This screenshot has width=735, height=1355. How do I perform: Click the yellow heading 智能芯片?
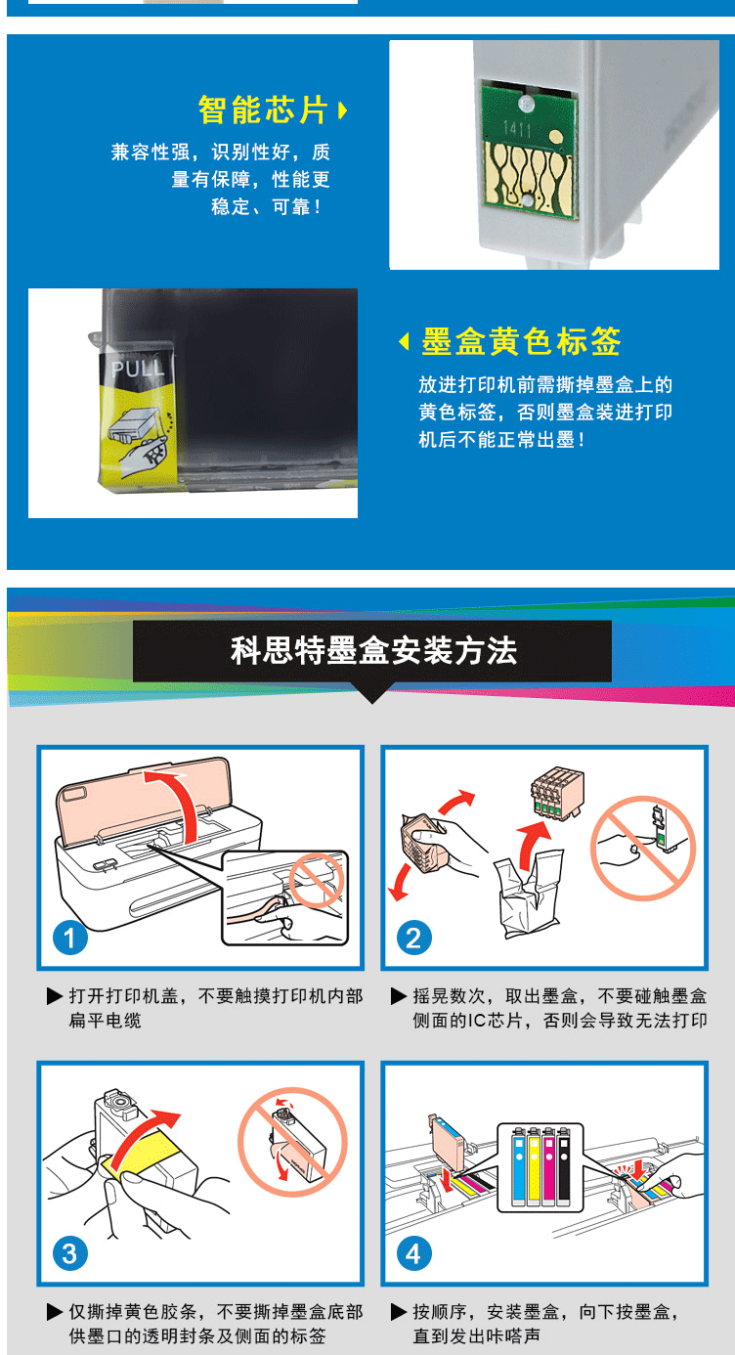tap(263, 110)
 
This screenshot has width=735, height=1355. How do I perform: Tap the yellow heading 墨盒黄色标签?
tap(521, 341)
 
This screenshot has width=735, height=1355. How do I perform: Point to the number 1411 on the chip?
tap(517, 129)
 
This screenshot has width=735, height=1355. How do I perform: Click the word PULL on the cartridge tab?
tap(138, 368)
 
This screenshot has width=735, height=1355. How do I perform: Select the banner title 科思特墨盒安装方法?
tap(373, 651)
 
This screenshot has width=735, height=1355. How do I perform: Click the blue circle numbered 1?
tap(70, 939)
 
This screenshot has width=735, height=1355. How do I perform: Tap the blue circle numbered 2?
tap(413, 939)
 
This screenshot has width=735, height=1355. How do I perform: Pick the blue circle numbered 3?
tap(70, 1254)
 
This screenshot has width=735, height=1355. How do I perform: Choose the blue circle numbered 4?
tap(413, 1254)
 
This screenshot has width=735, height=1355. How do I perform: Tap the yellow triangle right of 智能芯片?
tap(343, 110)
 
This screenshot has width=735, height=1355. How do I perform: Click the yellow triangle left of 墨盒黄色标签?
tap(404, 341)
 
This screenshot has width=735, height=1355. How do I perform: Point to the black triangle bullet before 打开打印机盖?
tap(55, 996)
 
